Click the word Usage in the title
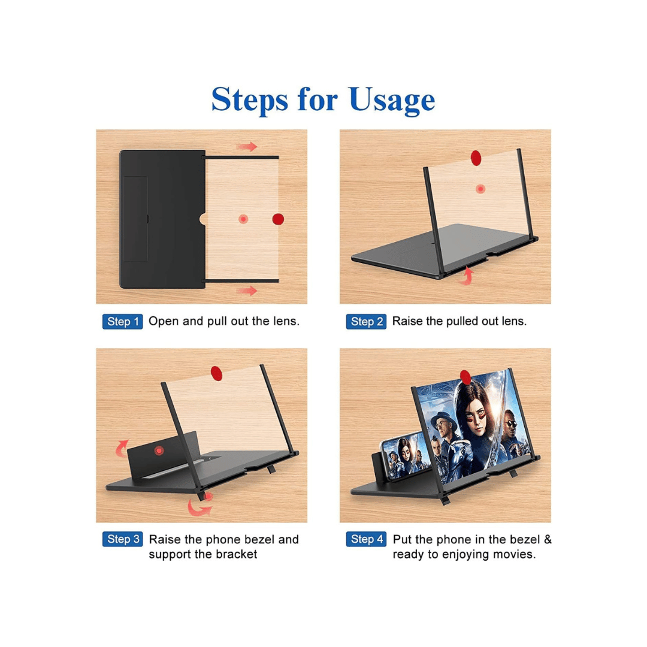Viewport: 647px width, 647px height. [392, 100]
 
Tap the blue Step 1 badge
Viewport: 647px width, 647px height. [123, 322]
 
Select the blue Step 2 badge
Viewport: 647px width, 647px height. [366, 322]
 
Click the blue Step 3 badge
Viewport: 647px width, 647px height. [123, 539]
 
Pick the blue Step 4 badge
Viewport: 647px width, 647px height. [366, 539]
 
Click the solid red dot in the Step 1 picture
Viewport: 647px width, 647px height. [278, 219]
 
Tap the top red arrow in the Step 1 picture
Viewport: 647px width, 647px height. [247, 147]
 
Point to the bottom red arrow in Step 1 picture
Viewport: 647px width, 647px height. [247, 291]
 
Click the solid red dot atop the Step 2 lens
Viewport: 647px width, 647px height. [476, 158]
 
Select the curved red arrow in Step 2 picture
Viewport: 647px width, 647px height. [467, 276]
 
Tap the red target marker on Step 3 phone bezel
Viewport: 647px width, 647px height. [159, 451]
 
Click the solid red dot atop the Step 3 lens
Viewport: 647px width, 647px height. [217, 373]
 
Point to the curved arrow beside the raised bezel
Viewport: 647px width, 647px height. [122, 448]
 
